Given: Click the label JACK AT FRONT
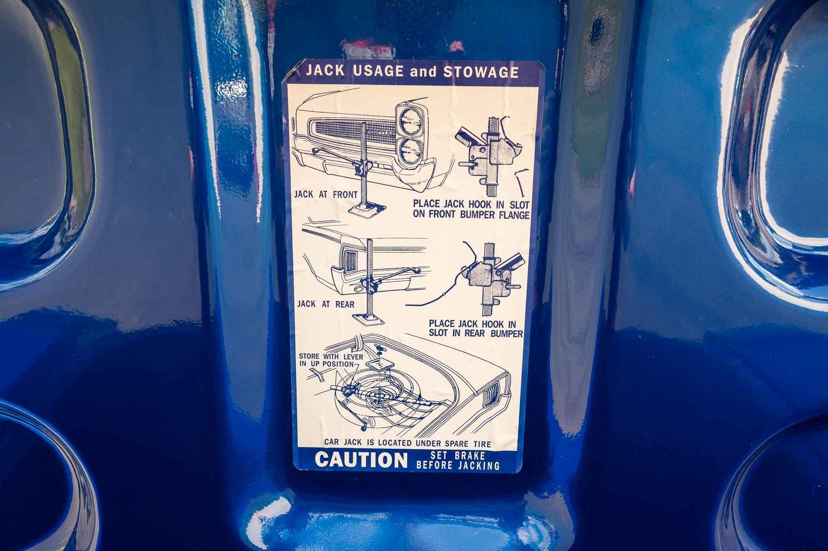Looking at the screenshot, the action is [x=326, y=194].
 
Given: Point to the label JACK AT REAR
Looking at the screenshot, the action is [x=326, y=304].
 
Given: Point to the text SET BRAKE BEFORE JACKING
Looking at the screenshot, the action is [x=458, y=460].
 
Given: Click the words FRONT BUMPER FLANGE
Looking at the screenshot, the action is [x=471, y=215].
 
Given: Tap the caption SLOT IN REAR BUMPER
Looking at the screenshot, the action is [x=476, y=334].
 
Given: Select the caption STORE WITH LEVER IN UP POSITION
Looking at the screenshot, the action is [x=331, y=360].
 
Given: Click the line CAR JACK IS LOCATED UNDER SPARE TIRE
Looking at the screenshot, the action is [x=408, y=443].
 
